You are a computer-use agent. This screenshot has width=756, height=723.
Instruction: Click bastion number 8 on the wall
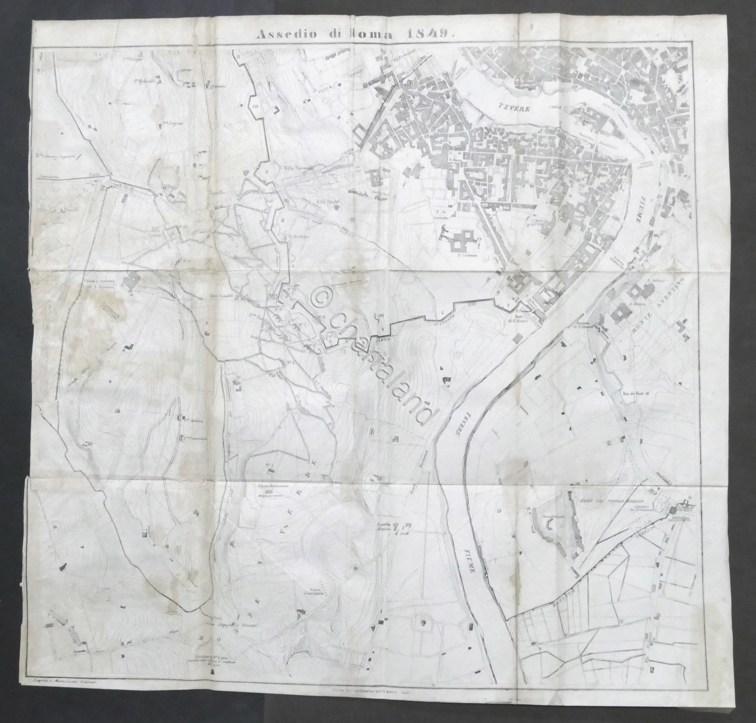[283, 220]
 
